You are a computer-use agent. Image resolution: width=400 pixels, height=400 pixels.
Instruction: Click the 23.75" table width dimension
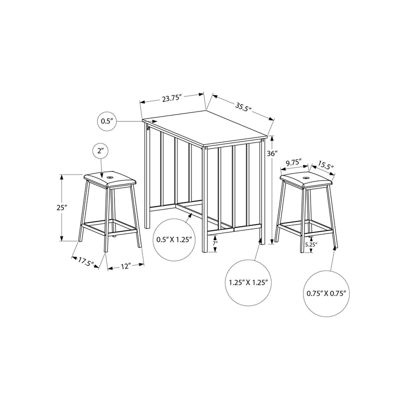coord(170,98)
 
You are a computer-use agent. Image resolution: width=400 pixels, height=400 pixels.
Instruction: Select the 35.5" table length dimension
coord(242,106)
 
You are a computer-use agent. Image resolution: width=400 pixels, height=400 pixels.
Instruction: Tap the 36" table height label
coord(271,154)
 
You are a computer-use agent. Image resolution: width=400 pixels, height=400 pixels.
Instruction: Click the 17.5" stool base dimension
coord(86,260)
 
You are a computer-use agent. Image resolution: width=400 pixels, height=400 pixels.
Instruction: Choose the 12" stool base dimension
coord(125,266)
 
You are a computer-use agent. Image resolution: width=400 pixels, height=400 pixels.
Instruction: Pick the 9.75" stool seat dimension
coord(292,162)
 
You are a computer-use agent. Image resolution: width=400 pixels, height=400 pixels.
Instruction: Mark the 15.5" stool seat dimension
coord(325,166)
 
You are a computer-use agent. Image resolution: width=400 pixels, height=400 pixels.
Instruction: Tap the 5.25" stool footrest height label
coord(311,244)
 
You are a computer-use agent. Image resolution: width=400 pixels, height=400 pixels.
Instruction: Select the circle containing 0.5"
coord(107,120)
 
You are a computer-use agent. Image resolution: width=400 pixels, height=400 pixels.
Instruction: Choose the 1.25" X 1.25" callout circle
coord(248,282)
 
